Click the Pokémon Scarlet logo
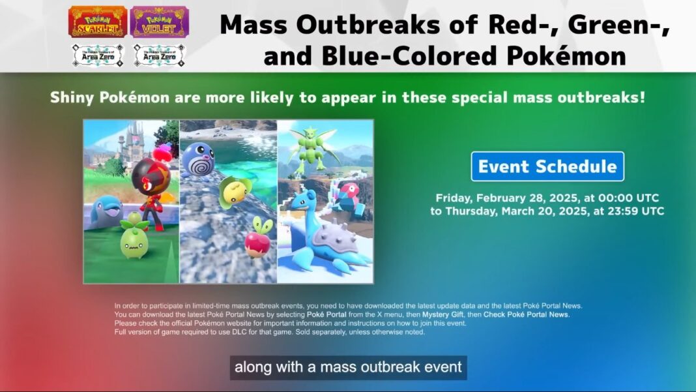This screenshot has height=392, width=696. coord(98,22)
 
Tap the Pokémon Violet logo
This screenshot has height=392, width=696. coord(160,22)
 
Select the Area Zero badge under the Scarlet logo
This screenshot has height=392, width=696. coord(98,55)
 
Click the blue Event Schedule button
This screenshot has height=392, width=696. coord(547,166)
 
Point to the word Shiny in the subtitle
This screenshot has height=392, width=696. coord(72,98)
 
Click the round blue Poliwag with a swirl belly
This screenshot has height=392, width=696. coord(198,159)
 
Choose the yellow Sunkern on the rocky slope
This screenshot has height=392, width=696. coord(235,192)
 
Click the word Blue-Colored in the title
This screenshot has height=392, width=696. coord(411,56)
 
